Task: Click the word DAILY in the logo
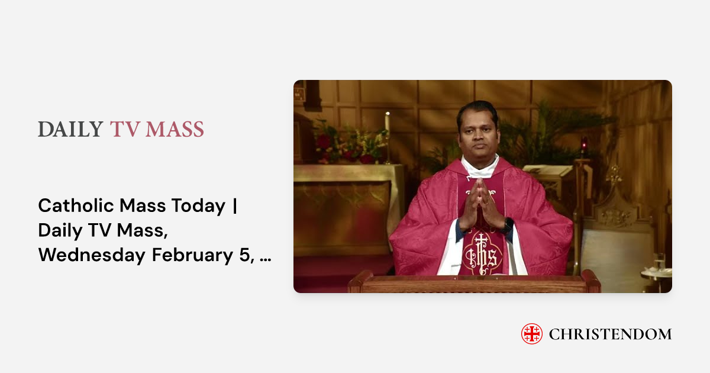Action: pyautogui.click(x=70, y=130)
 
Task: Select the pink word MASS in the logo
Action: pyautogui.click(x=175, y=130)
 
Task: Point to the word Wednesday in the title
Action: pyautogui.click(x=92, y=255)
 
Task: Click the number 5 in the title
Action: pyautogui.click(x=247, y=255)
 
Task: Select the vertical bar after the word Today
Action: pyautogui.click(x=234, y=206)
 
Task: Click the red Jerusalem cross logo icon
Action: pyautogui.click(x=532, y=334)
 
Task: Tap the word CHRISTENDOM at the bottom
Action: pyautogui.click(x=610, y=334)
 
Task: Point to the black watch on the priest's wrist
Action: pyautogui.click(x=507, y=225)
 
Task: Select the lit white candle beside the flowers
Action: pyautogui.click(x=387, y=124)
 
